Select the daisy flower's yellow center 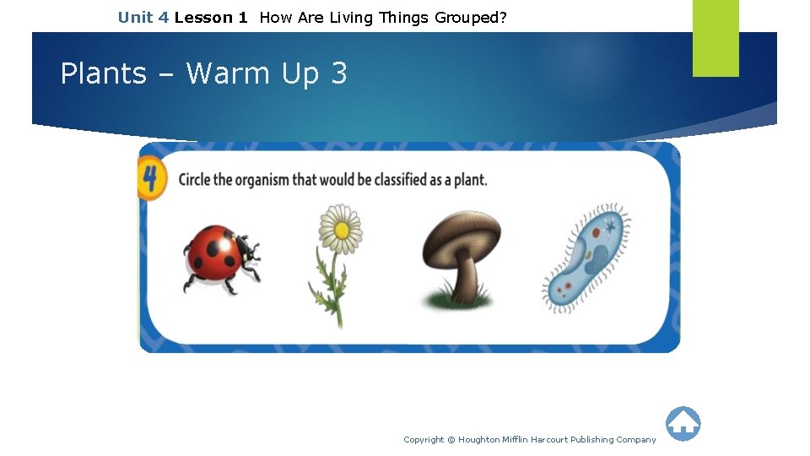(341, 227)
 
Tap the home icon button (683, 424)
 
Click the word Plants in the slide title (103, 74)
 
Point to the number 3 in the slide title (338, 74)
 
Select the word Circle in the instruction (197, 180)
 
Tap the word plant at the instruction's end (469, 180)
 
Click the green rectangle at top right (715, 37)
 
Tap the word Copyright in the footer (424, 440)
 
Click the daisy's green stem (335, 287)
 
